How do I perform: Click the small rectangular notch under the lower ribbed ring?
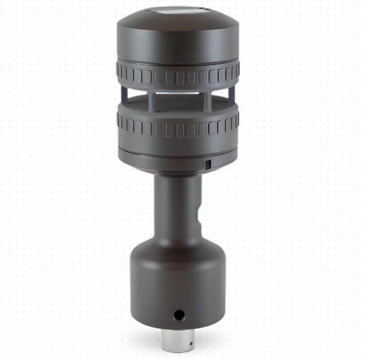click(x=209, y=164)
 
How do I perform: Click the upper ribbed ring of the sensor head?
click(x=177, y=74)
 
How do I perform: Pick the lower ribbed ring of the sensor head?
click(x=177, y=127)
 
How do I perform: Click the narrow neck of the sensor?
click(x=177, y=205)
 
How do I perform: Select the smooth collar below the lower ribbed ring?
click(x=177, y=159)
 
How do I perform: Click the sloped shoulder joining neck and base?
click(x=177, y=244)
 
